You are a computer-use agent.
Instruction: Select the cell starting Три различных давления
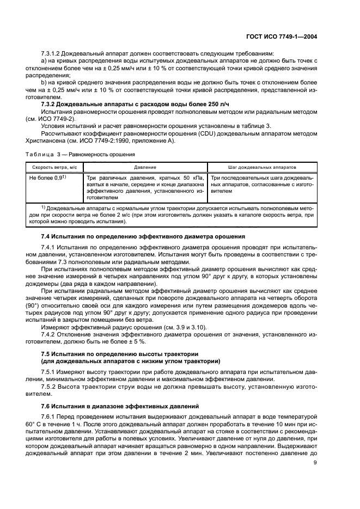145,188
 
